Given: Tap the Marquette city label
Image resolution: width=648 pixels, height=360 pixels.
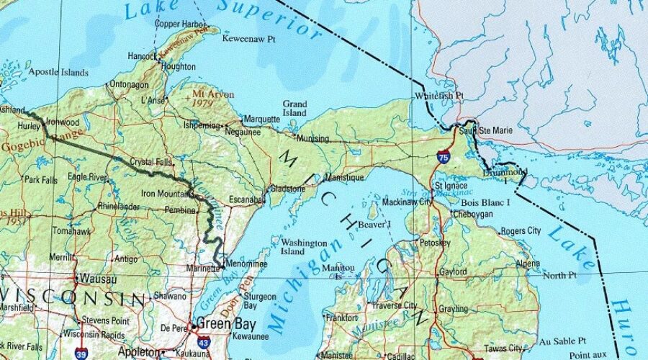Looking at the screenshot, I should [x=262, y=119].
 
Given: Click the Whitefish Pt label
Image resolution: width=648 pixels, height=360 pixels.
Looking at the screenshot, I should [x=439, y=96].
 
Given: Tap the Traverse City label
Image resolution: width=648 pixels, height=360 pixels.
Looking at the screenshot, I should [x=394, y=305].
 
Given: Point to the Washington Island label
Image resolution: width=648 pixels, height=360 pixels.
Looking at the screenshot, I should [x=304, y=247].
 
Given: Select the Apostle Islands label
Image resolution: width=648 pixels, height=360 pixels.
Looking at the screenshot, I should [x=58, y=72].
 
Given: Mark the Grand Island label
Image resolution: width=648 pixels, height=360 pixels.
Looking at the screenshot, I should [x=294, y=109].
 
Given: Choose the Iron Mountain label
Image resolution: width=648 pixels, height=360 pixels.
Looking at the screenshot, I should [x=165, y=193].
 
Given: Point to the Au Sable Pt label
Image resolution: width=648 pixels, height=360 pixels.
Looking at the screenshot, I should [x=564, y=341].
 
